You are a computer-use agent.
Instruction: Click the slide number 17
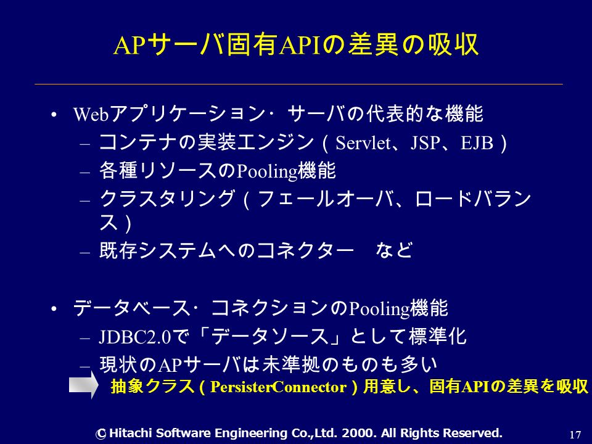click(575, 435)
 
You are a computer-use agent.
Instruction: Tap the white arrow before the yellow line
click(83, 385)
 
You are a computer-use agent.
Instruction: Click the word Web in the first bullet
click(91, 114)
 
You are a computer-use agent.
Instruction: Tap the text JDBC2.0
click(135, 337)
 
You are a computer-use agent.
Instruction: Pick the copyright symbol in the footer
click(101, 434)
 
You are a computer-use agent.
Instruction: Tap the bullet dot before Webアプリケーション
click(54, 115)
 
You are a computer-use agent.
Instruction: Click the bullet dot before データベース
click(54, 309)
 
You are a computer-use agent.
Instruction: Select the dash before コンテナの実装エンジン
click(85, 144)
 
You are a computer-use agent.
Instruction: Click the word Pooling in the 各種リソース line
click(266, 171)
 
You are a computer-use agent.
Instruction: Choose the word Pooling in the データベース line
click(379, 309)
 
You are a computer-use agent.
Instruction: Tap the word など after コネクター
click(394, 250)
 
